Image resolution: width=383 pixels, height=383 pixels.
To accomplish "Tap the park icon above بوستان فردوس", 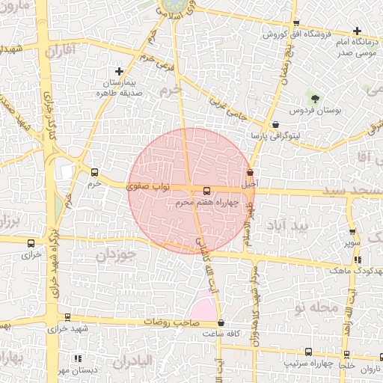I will [x=314, y=99].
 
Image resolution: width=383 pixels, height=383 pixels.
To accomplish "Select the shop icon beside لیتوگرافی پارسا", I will [x=276, y=125].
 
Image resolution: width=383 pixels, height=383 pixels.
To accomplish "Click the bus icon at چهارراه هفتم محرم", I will [x=207, y=191].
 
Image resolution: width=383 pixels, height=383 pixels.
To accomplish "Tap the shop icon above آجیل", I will [x=250, y=172].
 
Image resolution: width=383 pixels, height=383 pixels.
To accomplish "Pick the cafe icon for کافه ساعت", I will [x=220, y=323].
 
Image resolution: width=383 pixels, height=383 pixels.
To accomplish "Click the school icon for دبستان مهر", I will [x=79, y=358].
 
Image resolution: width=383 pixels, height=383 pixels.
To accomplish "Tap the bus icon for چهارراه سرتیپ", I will [x=309, y=352].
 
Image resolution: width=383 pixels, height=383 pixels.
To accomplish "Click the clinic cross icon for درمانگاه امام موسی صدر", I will [x=357, y=31].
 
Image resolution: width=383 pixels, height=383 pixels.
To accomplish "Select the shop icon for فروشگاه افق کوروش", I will [x=296, y=23].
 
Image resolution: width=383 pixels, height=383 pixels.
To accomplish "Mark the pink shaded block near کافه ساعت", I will [x=203, y=308].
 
